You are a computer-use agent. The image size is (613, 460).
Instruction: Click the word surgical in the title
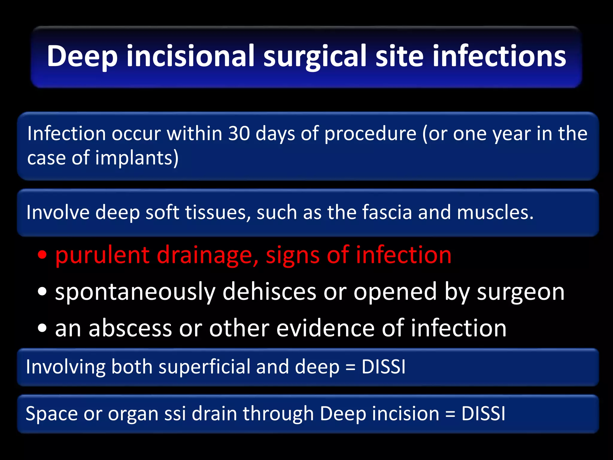[315, 56]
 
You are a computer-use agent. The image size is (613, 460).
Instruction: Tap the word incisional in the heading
[190, 56]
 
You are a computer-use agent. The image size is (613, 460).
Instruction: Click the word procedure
[370, 134]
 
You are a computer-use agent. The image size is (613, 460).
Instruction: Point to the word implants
[137, 158]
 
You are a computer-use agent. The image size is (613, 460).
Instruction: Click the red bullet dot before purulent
[43, 255]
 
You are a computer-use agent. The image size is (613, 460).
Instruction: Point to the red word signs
[293, 255]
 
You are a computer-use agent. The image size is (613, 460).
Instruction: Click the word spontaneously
[135, 292]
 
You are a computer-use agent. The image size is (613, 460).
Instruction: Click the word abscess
[130, 328]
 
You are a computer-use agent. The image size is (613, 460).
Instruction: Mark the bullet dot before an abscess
[43, 328]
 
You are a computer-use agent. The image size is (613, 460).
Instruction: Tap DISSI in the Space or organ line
[483, 414]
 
